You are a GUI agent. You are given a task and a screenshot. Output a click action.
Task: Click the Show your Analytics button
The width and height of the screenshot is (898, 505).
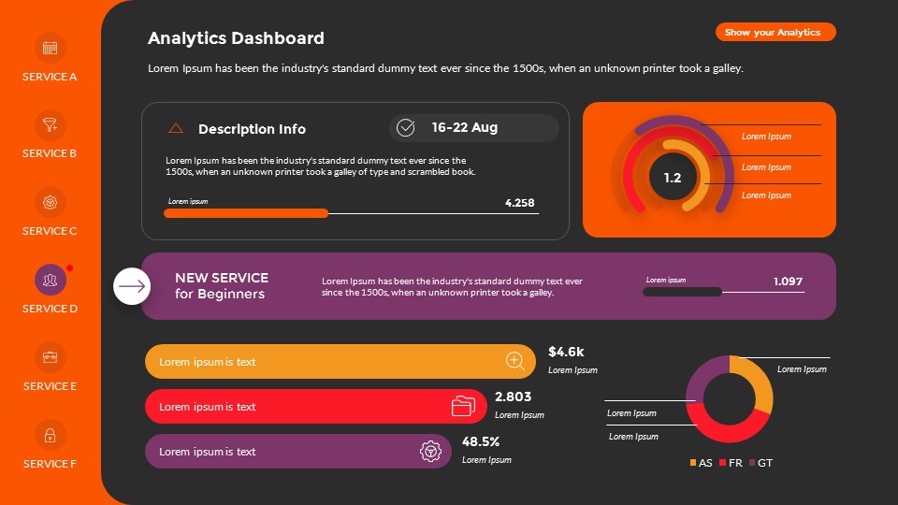click(x=775, y=33)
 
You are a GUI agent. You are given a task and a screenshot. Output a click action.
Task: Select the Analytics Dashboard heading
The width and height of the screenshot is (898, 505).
click(x=236, y=38)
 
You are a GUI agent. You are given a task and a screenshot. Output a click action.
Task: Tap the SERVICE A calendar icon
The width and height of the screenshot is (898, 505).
click(x=51, y=48)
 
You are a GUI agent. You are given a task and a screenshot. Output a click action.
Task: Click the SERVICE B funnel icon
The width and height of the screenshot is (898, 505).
click(x=51, y=124)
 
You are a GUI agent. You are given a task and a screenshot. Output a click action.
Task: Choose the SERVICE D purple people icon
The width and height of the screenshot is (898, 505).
click(x=51, y=280)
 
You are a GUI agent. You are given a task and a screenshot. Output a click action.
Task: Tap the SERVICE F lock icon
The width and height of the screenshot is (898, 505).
click(x=51, y=435)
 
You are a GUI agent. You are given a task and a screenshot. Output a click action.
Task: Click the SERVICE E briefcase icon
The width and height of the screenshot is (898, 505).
click(x=51, y=357)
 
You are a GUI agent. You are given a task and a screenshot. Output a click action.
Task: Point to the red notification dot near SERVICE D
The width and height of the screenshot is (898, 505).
click(x=69, y=268)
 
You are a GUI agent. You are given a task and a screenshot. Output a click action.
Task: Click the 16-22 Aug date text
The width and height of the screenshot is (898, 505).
click(x=464, y=127)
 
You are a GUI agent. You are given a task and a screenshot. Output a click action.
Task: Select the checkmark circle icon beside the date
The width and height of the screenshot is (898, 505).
click(x=405, y=127)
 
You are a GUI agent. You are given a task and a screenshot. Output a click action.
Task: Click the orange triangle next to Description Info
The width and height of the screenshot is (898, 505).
click(x=176, y=128)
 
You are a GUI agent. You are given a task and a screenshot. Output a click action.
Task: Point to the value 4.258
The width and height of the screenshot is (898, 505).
click(x=519, y=203)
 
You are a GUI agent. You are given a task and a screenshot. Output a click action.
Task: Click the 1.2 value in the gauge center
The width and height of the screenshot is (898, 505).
click(x=673, y=178)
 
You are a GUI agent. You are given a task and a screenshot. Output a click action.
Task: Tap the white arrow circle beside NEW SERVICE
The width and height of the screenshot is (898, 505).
click(x=132, y=286)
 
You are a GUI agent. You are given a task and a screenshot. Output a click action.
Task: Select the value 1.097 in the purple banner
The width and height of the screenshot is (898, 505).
click(x=788, y=281)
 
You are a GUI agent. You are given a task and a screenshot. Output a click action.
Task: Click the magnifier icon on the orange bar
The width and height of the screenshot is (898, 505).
click(x=514, y=361)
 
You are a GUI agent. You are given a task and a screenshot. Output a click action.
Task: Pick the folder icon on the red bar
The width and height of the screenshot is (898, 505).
click(x=463, y=406)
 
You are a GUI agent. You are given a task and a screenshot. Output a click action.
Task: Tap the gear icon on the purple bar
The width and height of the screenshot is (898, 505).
click(x=429, y=452)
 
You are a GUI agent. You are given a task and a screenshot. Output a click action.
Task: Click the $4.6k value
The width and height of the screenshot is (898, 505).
click(x=566, y=352)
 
